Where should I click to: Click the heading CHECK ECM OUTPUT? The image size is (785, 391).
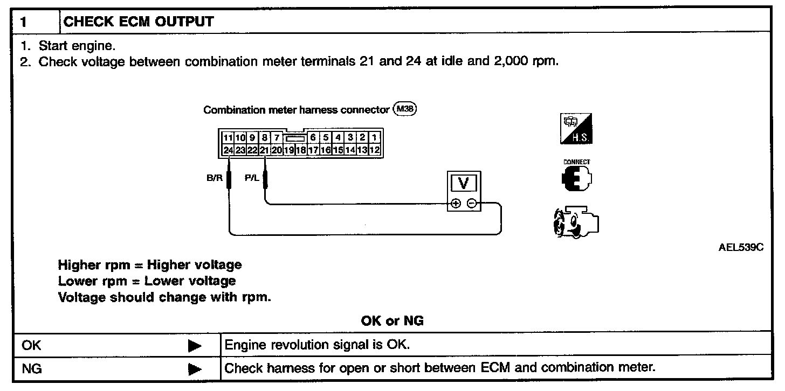coord(139,22)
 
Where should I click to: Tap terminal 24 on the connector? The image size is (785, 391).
coord(228,150)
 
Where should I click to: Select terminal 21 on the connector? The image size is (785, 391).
coord(264,150)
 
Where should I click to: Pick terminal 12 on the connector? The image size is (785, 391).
coord(375,150)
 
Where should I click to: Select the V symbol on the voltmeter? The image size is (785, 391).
coord(463,184)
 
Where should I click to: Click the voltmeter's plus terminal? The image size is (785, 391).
coord(456,204)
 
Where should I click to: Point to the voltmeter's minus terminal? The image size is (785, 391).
coord(471,204)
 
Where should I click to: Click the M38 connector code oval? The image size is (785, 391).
coord(405,109)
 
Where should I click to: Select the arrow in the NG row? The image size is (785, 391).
coord(195,369)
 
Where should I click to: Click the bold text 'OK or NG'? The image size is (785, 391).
coord(392,322)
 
